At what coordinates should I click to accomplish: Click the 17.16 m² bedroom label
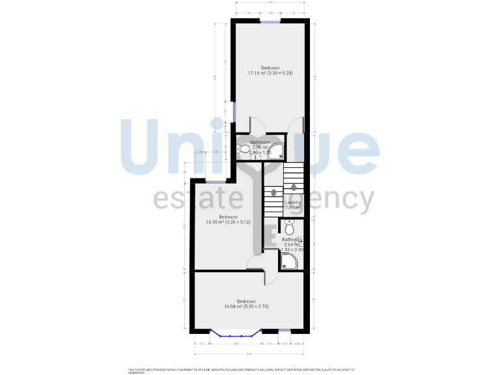270,70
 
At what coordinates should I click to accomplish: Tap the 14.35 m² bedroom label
228,219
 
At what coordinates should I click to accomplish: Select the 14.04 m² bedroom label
246,303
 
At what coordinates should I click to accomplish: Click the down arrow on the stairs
273,192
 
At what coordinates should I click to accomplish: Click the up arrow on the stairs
294,187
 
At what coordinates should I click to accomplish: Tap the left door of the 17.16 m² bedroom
254,124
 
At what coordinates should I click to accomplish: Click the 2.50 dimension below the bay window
236,343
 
